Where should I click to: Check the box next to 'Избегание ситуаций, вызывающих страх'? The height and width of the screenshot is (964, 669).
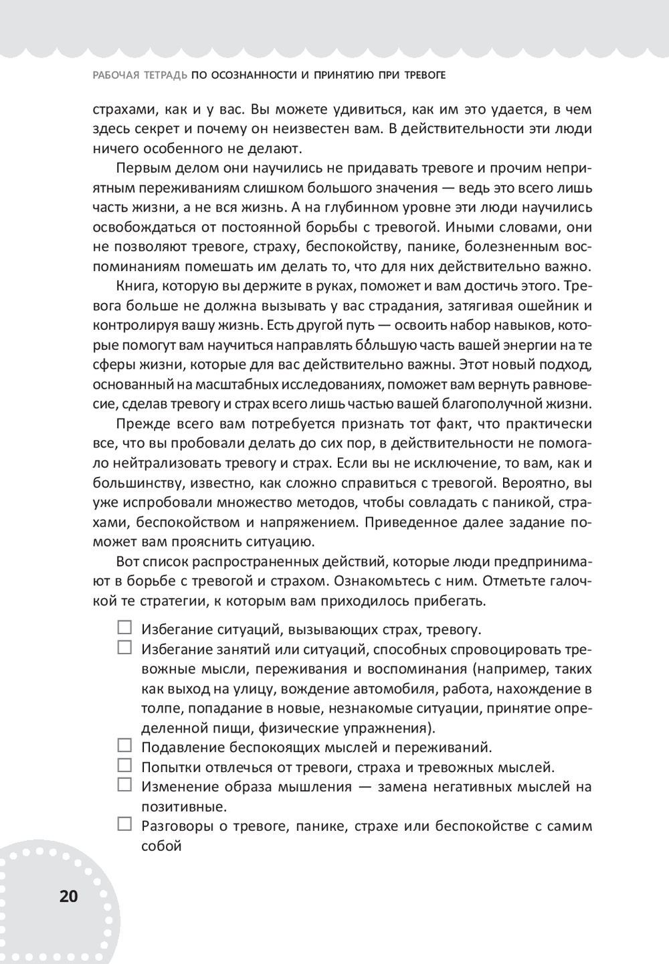click(x=124, y=628)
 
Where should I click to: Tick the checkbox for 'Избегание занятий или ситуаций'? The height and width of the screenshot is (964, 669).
click(x=124, y=647)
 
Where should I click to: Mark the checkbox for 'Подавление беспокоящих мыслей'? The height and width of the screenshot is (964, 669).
click(x=124, y=745)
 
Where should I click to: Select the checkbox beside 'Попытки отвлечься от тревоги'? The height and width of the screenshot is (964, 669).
click(x=124, y=765)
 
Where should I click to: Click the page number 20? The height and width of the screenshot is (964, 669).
click(x=69, y=896)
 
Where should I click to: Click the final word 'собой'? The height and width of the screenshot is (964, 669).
click(x=161, y=846)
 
